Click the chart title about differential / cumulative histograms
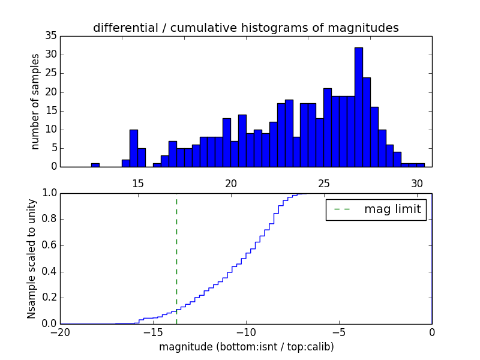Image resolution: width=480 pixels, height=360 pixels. click(x=246, y=28)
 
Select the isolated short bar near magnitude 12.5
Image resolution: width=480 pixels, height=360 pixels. click(x=95, y=165)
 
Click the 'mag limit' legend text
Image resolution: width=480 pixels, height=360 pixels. click(x=392, y=210)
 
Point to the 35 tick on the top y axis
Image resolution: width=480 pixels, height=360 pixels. click(x=51, y=36)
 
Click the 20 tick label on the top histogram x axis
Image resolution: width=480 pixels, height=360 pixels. click(x=231, y=184)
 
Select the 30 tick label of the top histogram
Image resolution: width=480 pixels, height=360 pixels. click(x=417, y=184)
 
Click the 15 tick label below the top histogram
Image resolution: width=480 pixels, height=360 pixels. click(x=138, y=184)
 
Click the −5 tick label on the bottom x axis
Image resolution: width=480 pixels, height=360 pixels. click(x=339, y=332)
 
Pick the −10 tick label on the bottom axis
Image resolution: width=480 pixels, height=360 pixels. click(x=246, y=332)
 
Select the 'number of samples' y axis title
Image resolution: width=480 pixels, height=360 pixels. click(x=35, y=101)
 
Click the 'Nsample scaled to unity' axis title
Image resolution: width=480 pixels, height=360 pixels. click(x=32, y=258)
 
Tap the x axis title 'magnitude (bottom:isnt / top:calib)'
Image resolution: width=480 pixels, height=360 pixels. click(x=246, y=347)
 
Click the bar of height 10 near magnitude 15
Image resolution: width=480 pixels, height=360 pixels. click(x=134, y=148)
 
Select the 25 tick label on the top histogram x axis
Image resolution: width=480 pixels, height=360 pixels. click(x=324, y=184)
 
